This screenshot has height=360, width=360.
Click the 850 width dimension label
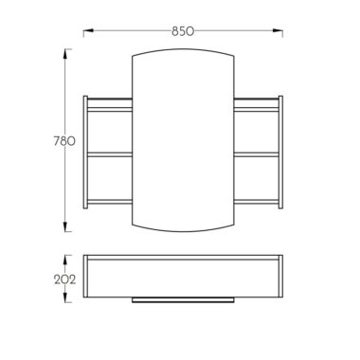(183, 31)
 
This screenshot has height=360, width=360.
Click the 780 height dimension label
(64, 141)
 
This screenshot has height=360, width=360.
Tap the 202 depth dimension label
(65, 279)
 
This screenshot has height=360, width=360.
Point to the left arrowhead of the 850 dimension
(88, 30)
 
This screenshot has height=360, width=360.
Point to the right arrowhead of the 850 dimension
(278, 30)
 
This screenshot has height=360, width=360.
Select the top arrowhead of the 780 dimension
(65, 54)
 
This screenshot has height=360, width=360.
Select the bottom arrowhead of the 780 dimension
(65, 226)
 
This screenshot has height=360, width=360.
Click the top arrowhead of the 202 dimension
(65, 260)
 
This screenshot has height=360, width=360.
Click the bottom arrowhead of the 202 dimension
(65, 297)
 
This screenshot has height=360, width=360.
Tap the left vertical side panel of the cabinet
(85, 153)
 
